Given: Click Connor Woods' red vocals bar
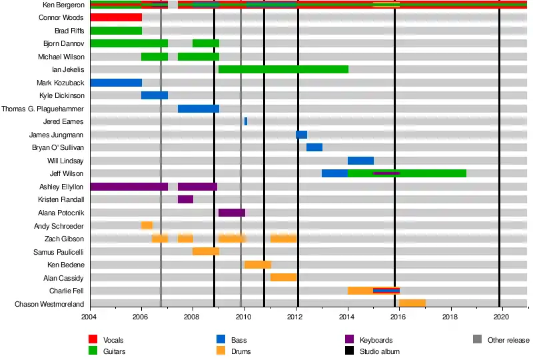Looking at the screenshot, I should coord(116,17).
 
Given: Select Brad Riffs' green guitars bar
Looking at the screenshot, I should coord(116,31).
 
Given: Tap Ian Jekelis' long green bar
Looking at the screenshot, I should coord(283,69).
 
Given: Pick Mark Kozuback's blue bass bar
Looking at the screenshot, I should coord(116,83).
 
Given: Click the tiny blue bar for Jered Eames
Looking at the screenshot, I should coord(246,121).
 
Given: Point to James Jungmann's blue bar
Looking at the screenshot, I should coord(301,135).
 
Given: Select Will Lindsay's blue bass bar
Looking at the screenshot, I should coord(360,161).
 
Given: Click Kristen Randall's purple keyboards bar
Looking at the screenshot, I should coord(185,199).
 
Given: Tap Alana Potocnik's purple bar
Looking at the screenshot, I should coord(232,213).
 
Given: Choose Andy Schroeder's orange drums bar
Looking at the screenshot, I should coord(147,225).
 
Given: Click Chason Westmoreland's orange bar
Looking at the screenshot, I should coord(412,303).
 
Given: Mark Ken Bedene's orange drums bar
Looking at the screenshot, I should coord(258,265).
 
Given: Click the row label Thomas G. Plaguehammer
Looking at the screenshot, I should coord(43,109).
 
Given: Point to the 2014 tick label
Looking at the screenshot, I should coord(348,319).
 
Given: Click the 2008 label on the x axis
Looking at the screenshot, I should coord(193,319).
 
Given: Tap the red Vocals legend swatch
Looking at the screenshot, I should coord(93,340).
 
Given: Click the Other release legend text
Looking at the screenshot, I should coord(508,340).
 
